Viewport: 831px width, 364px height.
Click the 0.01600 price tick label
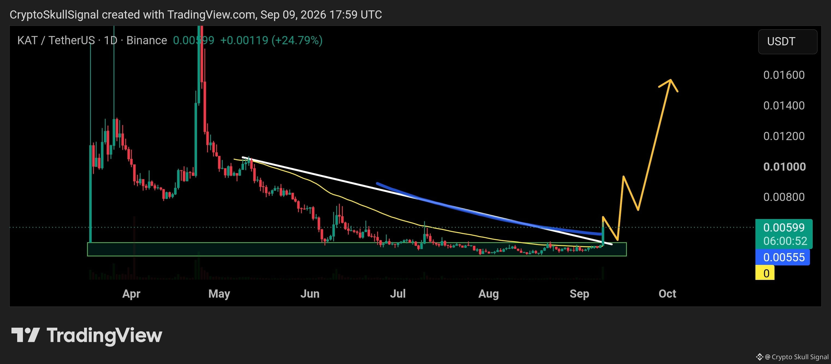784,75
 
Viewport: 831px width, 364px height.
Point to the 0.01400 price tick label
784,105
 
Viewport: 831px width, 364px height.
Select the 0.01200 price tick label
784,136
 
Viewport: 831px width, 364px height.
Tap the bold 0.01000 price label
785,167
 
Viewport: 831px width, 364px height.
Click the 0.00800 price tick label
784,197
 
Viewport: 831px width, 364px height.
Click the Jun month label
310,294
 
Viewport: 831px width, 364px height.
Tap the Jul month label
398,294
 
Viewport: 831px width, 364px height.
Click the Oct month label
668,294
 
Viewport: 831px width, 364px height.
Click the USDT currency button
787,42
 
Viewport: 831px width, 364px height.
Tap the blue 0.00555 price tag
782,257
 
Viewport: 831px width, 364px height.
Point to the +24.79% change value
297,40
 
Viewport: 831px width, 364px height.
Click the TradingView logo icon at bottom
25,335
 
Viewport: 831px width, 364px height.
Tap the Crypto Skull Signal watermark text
797,357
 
